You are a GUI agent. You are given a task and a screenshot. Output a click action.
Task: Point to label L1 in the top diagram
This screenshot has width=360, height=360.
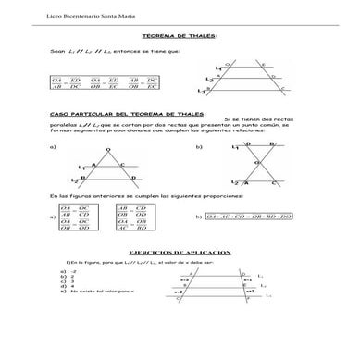click(217, 69)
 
